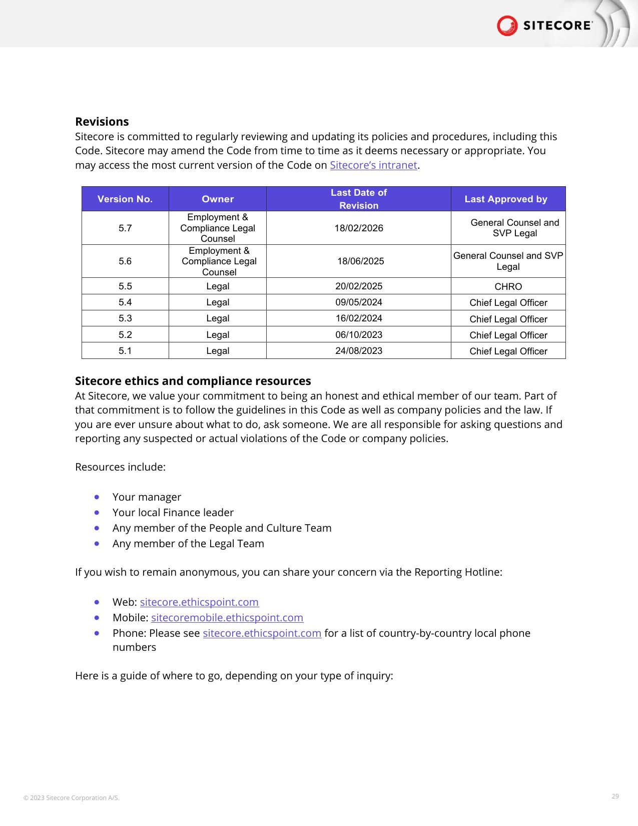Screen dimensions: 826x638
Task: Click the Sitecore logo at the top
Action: click(544, 26)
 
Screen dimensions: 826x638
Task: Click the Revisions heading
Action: click(102, 122)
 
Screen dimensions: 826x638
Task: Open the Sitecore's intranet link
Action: click(373, 165)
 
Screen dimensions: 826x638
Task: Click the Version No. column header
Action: click(125, 199)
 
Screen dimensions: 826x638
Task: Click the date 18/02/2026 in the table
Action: click(359, 228)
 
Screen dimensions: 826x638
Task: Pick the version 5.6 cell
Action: click(125, 261)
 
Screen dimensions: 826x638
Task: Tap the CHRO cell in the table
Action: click(508, 287)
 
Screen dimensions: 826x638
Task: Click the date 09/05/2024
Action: click(359, 302)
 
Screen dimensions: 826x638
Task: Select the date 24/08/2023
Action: click(359, 351)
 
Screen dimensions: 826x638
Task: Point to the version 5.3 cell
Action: click(125, 318)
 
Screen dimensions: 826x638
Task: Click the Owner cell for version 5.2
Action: click(218, 335)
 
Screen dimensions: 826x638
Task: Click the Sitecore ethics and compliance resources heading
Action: click(193, 381)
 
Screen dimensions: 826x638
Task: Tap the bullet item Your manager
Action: click(147, 497)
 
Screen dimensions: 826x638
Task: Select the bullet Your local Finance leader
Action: click(173, 513)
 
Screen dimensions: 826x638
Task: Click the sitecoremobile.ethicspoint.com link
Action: click(227, 618)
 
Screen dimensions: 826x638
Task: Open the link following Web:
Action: click(199, 602)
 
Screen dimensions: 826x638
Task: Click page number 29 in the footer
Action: click(615, 796)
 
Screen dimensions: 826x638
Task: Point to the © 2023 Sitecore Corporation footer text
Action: click(72, 798)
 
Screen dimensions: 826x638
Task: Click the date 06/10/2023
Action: click(359, 335)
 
